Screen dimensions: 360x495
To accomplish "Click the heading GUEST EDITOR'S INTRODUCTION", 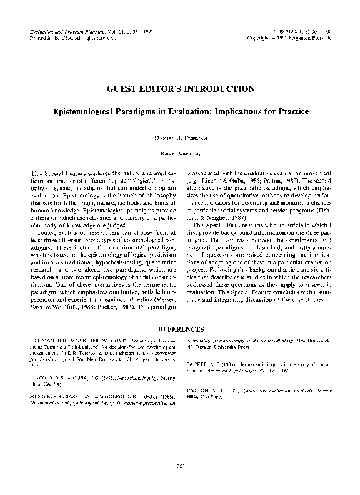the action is coord(179,89).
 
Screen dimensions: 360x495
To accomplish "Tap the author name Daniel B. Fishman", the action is coord(180,136).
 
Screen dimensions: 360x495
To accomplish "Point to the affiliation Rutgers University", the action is coord(180,152).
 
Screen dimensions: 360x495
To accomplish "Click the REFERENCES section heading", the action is coord(180,329).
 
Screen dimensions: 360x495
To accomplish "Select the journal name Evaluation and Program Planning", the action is coord(61,31).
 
